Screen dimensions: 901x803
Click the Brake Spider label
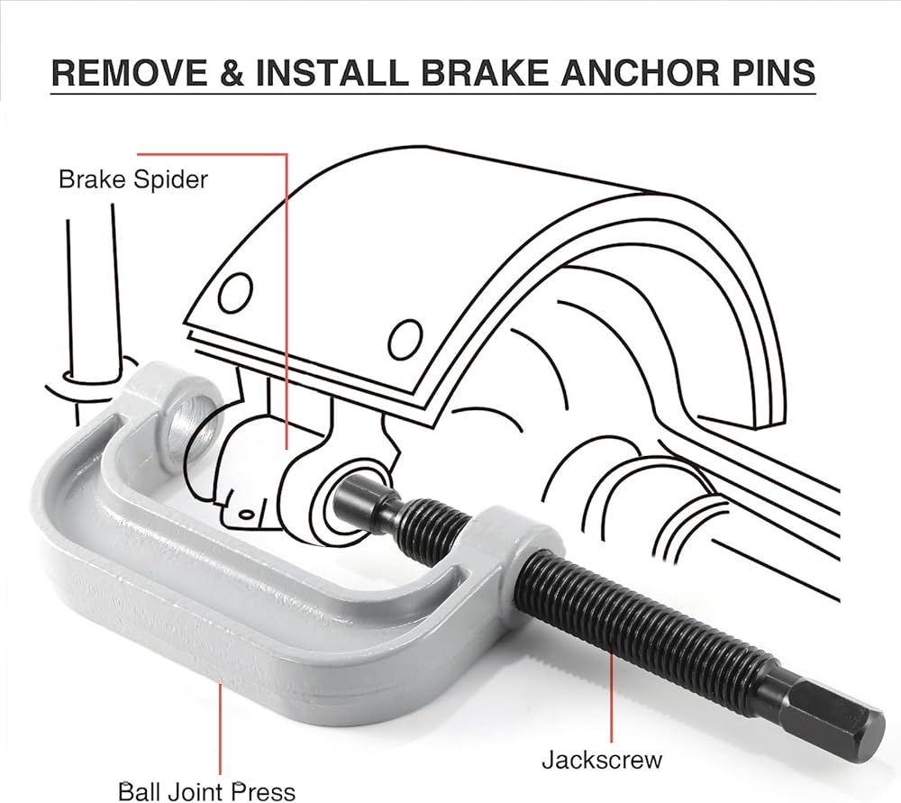click(x=132, y=179)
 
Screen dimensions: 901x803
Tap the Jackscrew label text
click(x=601, y=759)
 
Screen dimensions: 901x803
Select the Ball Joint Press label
click(x=207, y=791)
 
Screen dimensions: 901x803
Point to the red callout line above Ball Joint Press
click(x=220, y=730)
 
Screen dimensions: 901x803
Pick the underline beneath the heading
click(x=432, y=94)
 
